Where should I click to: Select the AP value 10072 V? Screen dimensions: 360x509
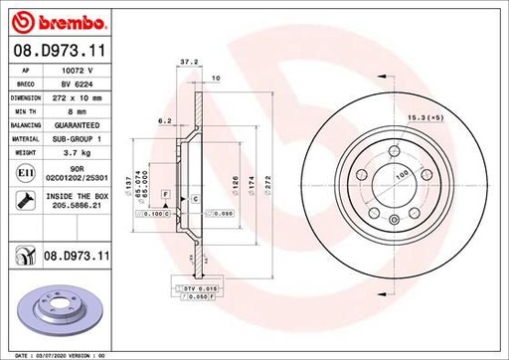tap(78, 72)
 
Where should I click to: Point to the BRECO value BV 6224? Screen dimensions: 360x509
tap(78, 86)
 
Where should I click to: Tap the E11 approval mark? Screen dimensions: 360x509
tap(22, 174)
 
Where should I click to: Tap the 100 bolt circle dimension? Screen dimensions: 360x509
tap(403, 174)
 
